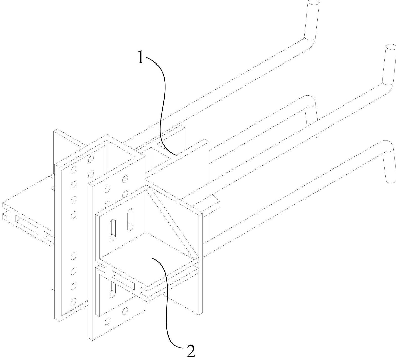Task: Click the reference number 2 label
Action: pos(191,350)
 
